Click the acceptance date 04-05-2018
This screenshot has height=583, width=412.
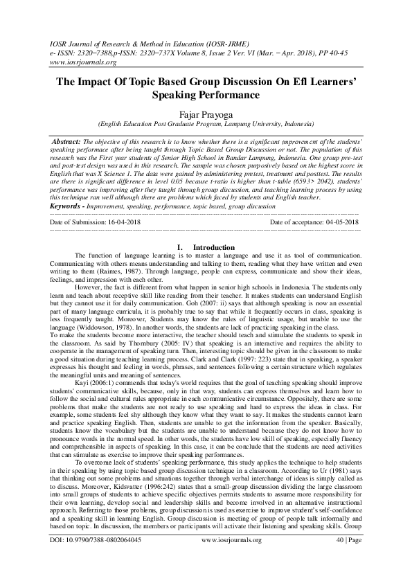click(336, 222)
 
